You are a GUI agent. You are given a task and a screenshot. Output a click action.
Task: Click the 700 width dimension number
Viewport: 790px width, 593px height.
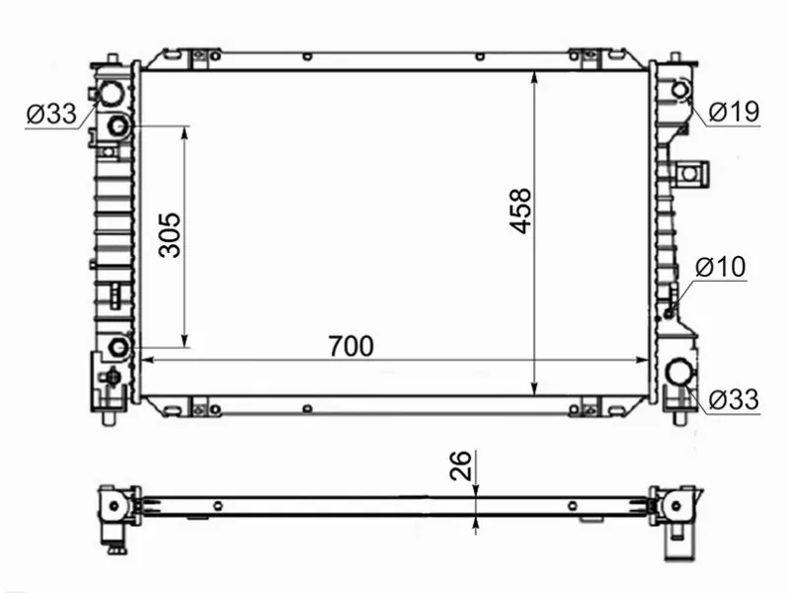[351, 346]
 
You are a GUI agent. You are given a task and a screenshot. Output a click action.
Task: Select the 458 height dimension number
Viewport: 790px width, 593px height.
[520, 211]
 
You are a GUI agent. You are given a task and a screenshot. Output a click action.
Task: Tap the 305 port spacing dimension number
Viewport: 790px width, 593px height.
[170, 234]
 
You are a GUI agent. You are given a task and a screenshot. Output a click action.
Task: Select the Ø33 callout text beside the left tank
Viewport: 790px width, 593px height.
[51, 115]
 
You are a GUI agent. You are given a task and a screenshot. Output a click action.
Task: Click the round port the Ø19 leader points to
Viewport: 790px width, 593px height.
[679, 91]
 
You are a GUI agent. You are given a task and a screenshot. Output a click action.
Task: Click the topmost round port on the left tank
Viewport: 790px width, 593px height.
[108, 94]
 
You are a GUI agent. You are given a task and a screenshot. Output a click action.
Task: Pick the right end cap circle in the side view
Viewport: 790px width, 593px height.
[676, 506]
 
